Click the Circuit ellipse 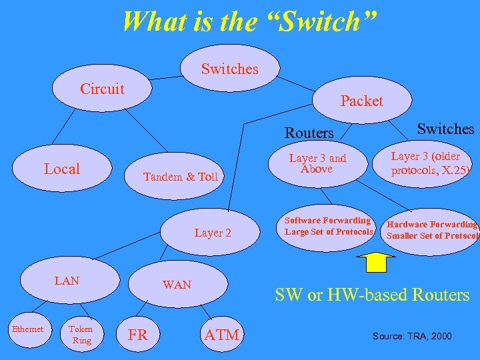(x=102, y=89)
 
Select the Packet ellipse (x=361, y=101)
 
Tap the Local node (x=61, y=169)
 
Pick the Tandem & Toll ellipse (x=181, y=177)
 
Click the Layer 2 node (x=213, y=233)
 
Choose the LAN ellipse (x=67, y=281)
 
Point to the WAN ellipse (x=177, y=285)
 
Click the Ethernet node (x=27, y=329)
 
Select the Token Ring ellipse (x=81, y=335)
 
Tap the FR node (x=137, y=335)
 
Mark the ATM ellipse (x=223, y=335)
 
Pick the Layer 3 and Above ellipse (x=317, y=164)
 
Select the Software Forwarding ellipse (x=328, y=226)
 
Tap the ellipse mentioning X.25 (x=430, y=163)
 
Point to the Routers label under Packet (x=309, y=133)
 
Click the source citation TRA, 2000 (x=411, y=336)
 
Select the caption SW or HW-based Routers (x=372, y=294)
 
